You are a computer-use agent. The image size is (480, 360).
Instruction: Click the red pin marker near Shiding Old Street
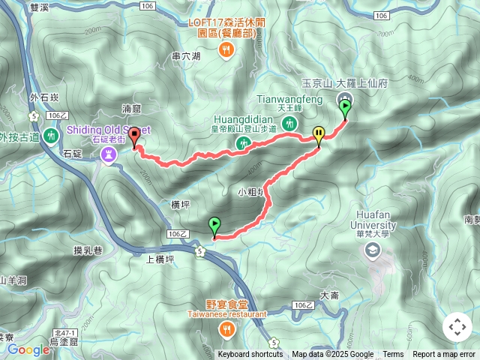[x=134, y=136]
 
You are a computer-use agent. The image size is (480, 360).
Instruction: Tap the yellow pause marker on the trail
[x=319, y=135]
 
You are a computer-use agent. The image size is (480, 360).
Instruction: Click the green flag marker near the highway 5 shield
[x=214, y=224]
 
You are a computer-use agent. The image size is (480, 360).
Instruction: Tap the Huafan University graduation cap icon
[x=373, y=250]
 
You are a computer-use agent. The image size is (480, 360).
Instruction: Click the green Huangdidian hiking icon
[x=242, y=142]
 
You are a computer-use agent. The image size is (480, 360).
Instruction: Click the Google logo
[x=28, y=349]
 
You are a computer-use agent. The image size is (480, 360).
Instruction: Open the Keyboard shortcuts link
[x=250, y=355]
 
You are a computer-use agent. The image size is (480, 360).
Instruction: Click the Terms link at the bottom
[x=393, y=355]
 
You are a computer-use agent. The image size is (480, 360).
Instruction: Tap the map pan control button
[x=457, y=327]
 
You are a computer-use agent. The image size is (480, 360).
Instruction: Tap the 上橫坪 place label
[x=160, y=259]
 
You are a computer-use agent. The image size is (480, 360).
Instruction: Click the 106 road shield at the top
[x=148, y=6]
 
